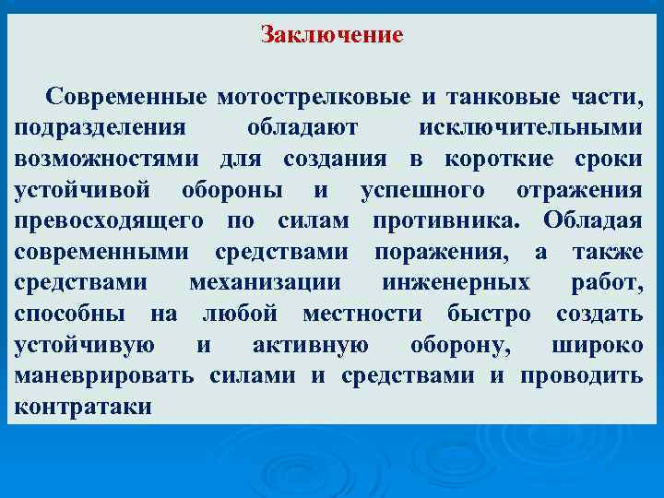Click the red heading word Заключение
(x=332, y=36)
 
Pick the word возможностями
(x=112, y=159)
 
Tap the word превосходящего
(x=110, y=221)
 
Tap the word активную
(x=310, y=345)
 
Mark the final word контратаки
(x=84, y=407)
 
